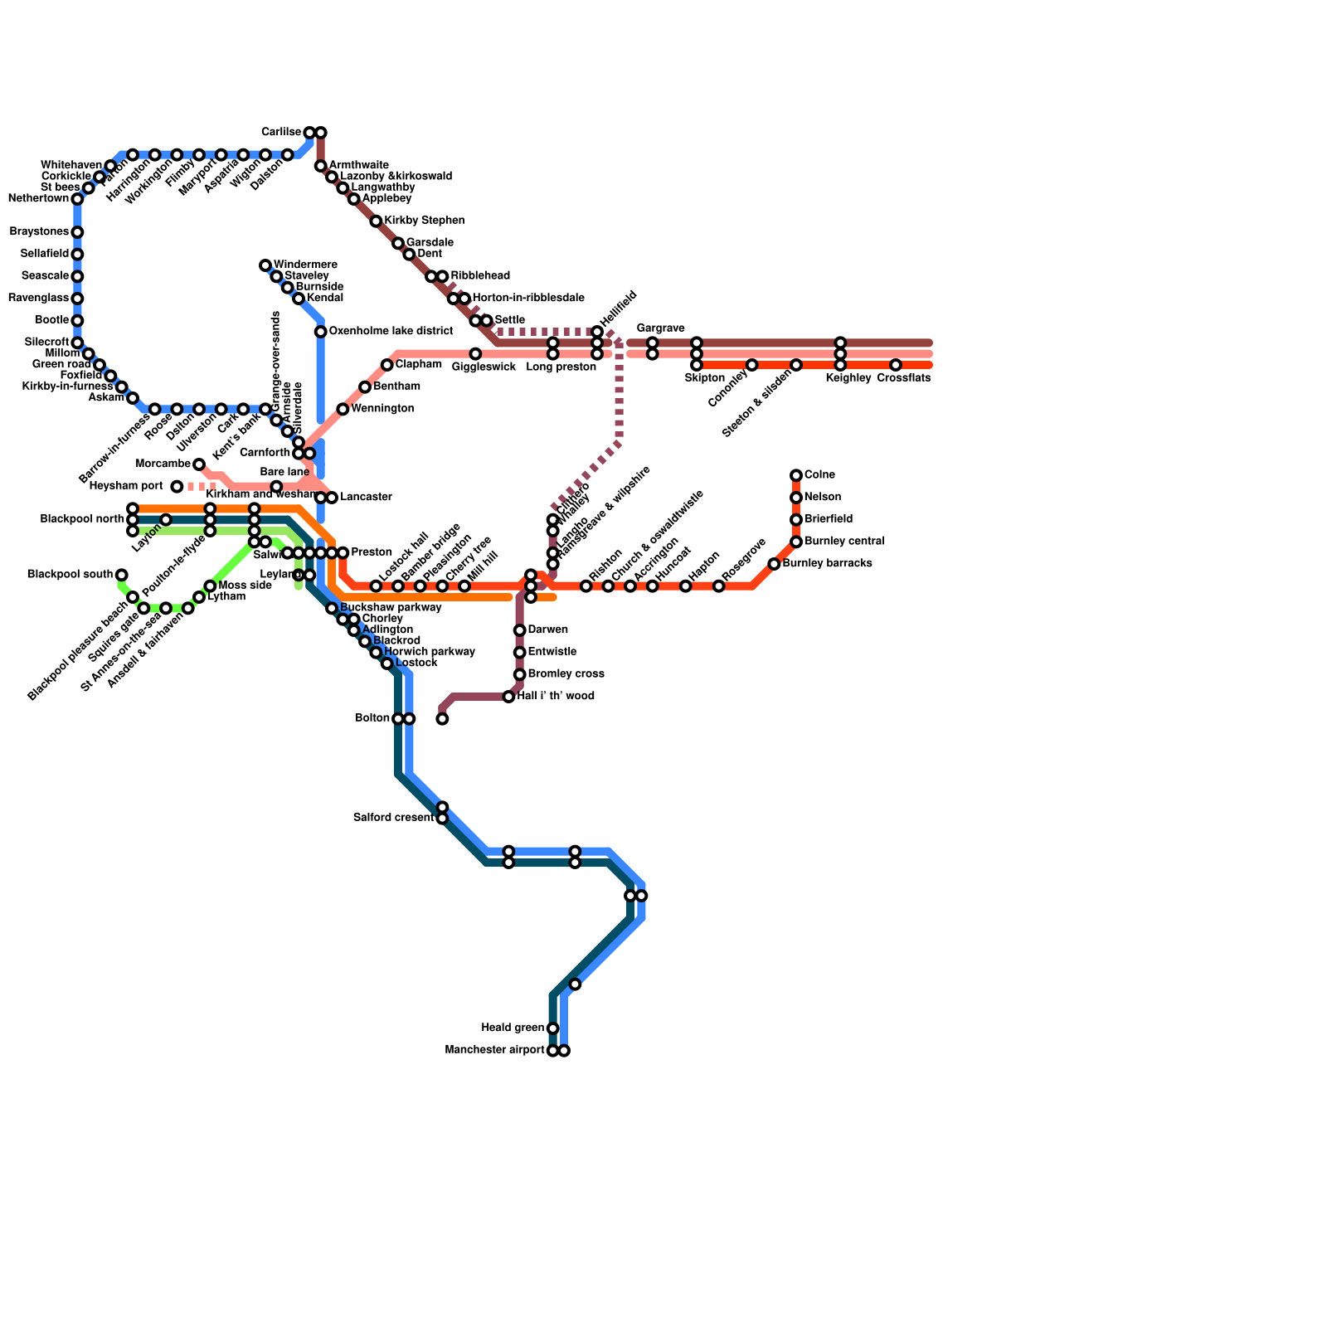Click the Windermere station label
click(304, 265)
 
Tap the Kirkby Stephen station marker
click(376, 221)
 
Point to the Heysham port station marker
click(177, 487)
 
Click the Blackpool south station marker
click(122, 575)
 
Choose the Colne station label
click(819, 475)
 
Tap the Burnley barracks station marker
click(774, 564)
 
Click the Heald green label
click(513, 1028)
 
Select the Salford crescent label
click(393, 819)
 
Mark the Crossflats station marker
click(896, 365)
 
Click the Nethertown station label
click(38, 199)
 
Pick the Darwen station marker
click(519, 630)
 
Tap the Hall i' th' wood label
click(556, 697)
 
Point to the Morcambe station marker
click(199, 464)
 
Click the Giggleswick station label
click(484, 367)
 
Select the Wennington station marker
click(343, 409)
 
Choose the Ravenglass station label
click(37, 299)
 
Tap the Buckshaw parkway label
click(390, 608)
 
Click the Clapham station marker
click(386, 365)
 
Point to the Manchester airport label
click(494, 1051)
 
